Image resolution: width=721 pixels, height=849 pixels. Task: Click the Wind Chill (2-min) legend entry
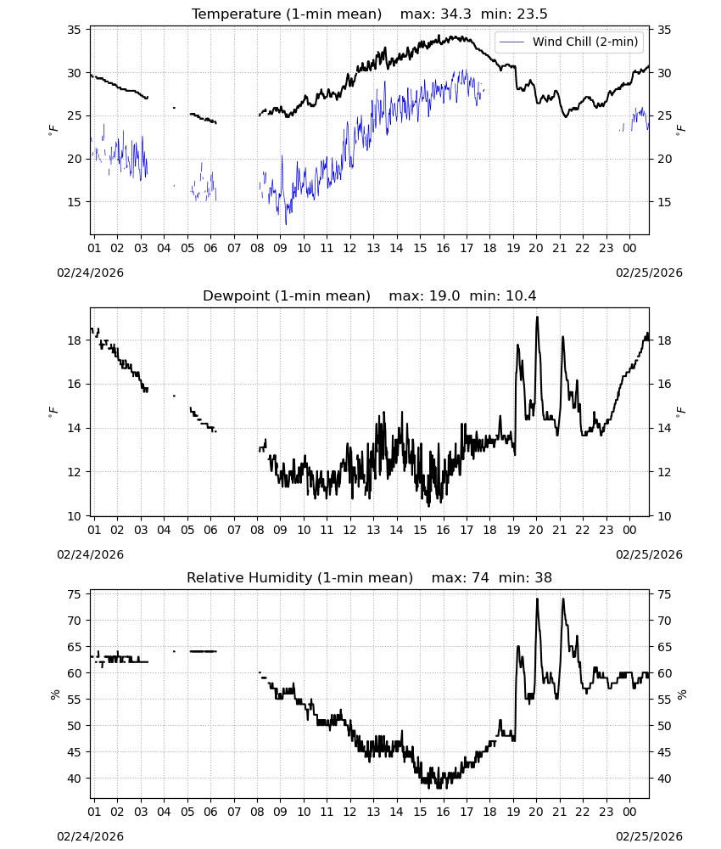pyautogui.click(x=569, y=42)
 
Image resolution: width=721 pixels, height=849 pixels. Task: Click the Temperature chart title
pyautogui.click(x=287, y=14)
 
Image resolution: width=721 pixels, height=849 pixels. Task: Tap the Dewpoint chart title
pyautogui.click(x=287, y=295)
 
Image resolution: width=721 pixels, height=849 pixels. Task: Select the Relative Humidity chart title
pyautogui.click(x=299, y=577)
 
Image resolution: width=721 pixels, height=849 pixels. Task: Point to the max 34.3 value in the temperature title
pyautogui.click(x=436, y=14)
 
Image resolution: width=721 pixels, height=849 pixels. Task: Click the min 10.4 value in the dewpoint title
pyautogui.click(x=503, y=295)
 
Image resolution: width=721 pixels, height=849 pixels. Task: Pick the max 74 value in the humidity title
pyautogui.click(x=461, y=577)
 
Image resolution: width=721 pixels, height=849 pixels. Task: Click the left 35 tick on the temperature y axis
pyautogui.click(x=74, y=30)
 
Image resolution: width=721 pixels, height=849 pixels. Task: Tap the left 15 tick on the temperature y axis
pyautogui.click(x=74, y=202)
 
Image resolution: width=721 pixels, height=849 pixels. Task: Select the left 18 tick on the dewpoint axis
pyautogui.click(x=74, y=340)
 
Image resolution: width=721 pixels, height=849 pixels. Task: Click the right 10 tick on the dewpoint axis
pyautogui.click(x=664, y=516)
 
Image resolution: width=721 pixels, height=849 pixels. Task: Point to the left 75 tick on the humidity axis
pyautogui.click(x=74, y=594)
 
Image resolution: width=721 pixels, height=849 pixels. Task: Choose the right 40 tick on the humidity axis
pyautogui.click(x=664, y=779)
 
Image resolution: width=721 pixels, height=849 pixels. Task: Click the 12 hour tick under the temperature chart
pyautogui.click(x=350, y=248)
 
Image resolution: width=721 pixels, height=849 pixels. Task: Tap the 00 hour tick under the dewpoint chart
pyautogui.click(x=629, y=530)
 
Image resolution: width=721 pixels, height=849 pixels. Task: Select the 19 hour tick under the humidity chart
pyautogui.click(x=513, y=812)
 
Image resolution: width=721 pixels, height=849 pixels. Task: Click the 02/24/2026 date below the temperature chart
pyautogui.click(x=90, y=273)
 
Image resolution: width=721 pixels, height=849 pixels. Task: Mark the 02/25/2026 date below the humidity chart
pyautogui.click(x=649, y=836)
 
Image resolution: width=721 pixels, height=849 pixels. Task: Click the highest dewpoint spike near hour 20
pyautogui.click(x=537, y=318)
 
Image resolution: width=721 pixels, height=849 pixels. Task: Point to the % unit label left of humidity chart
pyautogui.click(x=54, y=694)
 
